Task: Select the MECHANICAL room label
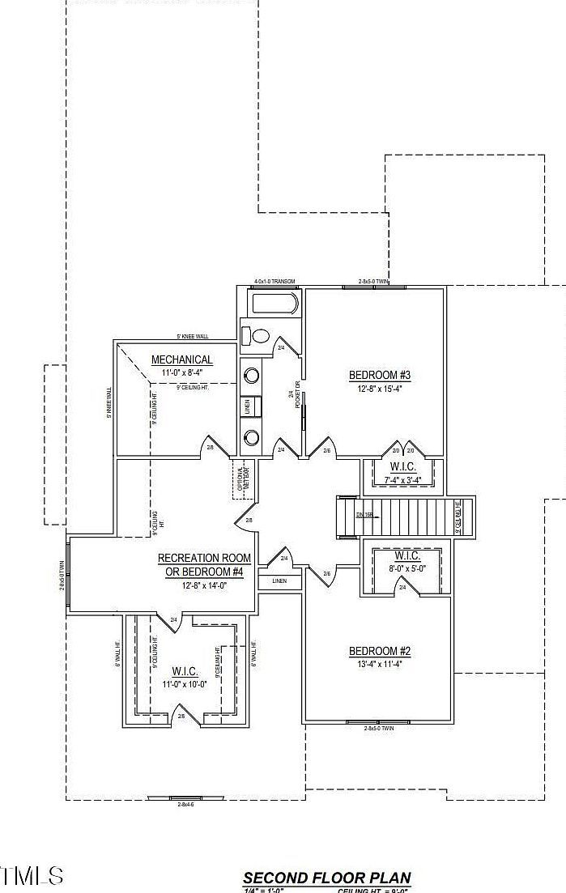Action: click(182, 359)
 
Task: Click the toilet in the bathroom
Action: click(258, 335)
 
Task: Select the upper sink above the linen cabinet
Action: click(252, 376)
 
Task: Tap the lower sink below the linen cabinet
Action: click(252, 438)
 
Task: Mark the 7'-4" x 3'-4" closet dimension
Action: click(402, 479)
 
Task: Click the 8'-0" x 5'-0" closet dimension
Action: click(406, 569)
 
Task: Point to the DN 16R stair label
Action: click(364, 514)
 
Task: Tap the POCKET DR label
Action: click(298, 394)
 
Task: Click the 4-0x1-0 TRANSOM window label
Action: click(274, 282)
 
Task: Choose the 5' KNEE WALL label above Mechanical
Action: click(193, 337)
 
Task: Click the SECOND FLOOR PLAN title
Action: click(326, 878)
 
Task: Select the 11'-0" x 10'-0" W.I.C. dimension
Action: click(185, 683)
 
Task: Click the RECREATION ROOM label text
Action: click(204, 558)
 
